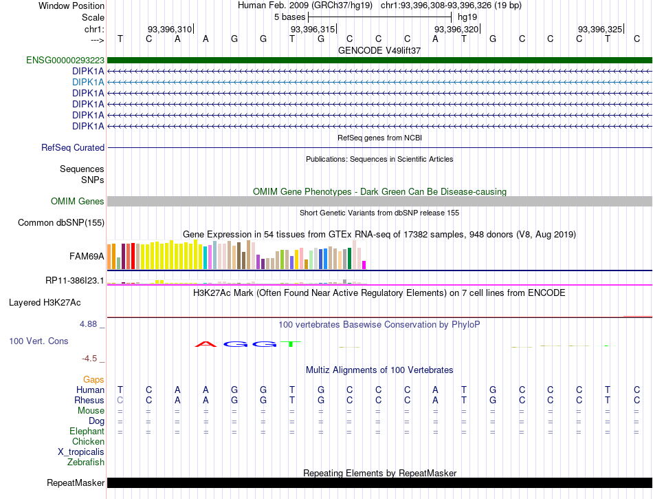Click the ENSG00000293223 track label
pos(65,61)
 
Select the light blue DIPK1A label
pos(88,82)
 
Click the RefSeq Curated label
pos(73,147)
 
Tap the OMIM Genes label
pos(78,202)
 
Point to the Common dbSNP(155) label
pos(61,222)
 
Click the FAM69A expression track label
pos(87,256)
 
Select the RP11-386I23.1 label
pos(75,281)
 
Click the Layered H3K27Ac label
pos(45,303)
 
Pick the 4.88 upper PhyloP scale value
pos(88,324)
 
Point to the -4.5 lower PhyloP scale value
pos(89,359)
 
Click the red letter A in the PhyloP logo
pos(206,344)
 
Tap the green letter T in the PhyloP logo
pos(290,344)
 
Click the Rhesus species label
pos(89,400)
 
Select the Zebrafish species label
pos(86,463)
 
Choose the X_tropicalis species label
pos(81,452)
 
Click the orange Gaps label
pos(93,379)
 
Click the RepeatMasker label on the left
pos(76,482)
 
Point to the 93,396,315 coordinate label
pos(313,29)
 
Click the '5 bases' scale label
pos(289,17)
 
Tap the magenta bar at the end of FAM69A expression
pos(364,265)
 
